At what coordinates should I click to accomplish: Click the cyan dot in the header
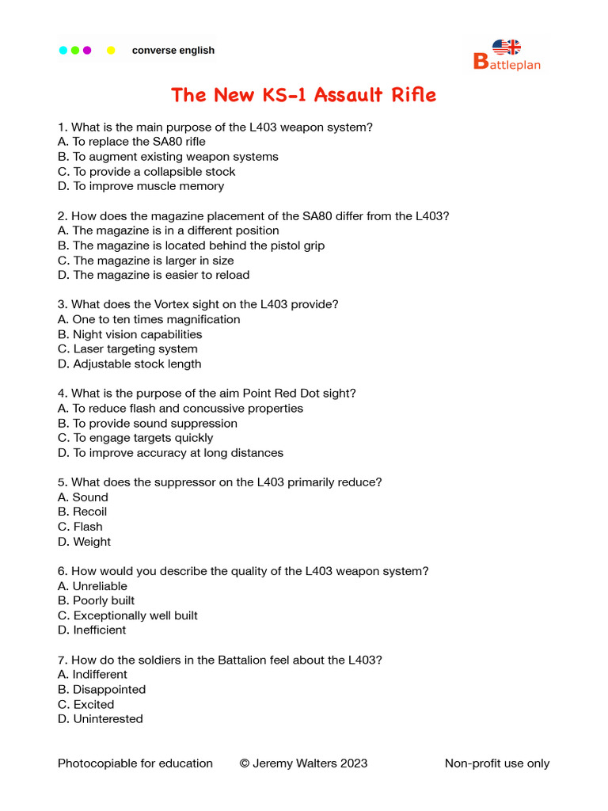pos(63,51)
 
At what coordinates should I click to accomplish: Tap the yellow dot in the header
pos(111,51)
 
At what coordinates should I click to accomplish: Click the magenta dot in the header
pos(87,51)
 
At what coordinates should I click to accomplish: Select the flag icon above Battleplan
pos(507,48)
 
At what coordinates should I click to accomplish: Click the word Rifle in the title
pos(410,96)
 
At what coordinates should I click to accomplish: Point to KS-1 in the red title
pos(283,96)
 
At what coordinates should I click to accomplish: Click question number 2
pos(62,216)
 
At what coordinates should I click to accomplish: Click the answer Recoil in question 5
pos(89,512)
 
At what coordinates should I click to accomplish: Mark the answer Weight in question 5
pos(92,542)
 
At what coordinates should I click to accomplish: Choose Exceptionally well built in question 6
pos(135,615)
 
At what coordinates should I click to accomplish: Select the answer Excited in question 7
pos(93,705)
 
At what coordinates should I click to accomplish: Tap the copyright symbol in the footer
pos(245,764)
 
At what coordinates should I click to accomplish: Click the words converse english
pos(173,51)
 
